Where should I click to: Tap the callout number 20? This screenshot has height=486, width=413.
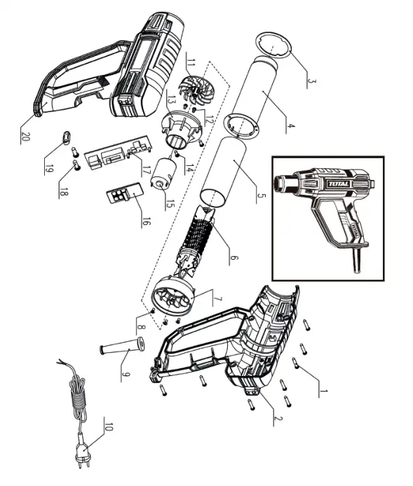26,135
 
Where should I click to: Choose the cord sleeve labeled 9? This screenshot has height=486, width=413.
121,347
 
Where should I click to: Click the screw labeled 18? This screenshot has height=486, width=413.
76,166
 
